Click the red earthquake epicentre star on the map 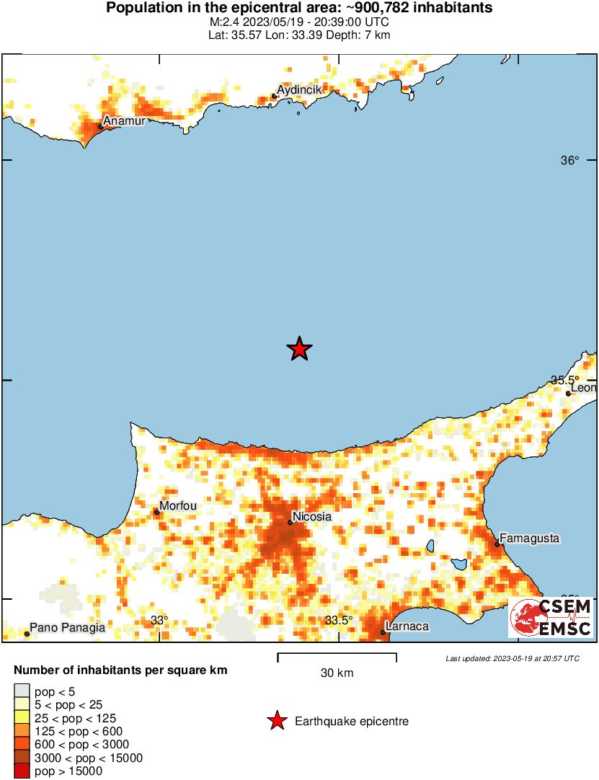299,349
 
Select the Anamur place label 125,121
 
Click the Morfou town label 177,506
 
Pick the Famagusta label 529,539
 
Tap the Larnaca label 407,626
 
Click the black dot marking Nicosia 290,523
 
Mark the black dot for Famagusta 497,544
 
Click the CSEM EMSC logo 551,618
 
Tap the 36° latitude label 570,161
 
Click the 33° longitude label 159,620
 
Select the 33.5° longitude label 339,620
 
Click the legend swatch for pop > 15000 22,771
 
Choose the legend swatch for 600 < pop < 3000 22,745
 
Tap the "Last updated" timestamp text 513,658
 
